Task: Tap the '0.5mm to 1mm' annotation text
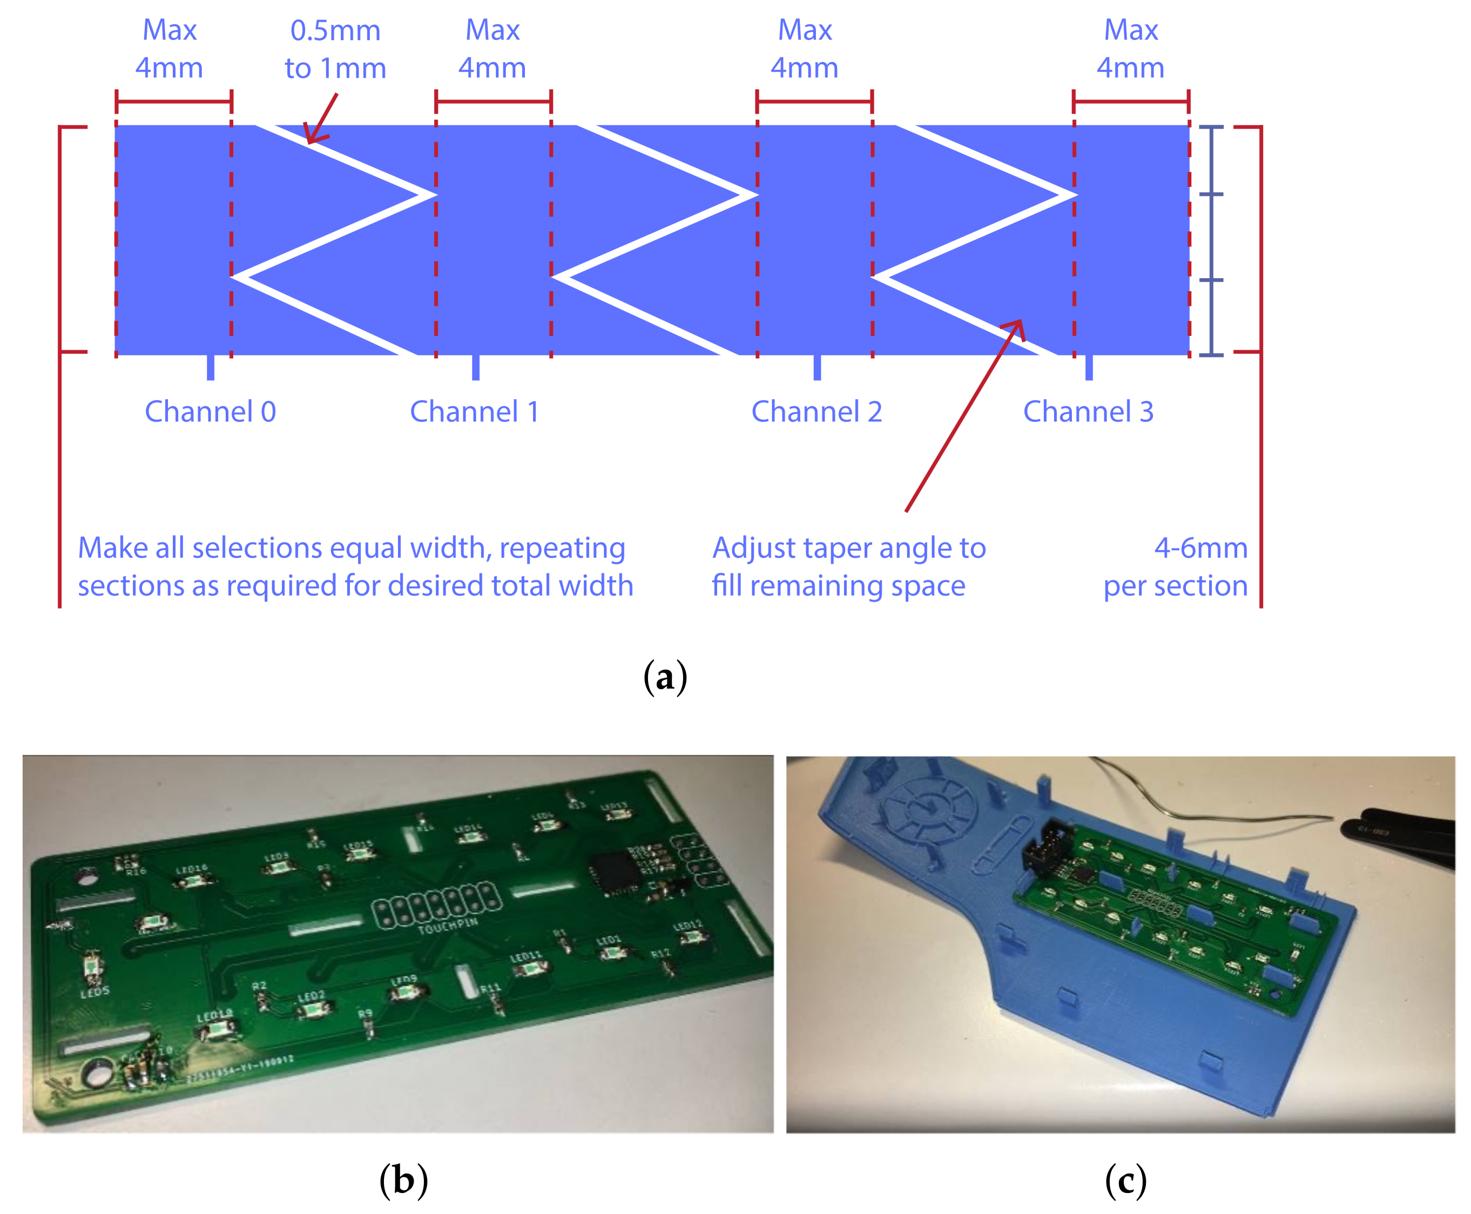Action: [x=335, y=49]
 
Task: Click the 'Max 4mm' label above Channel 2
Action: [x=804, y=49]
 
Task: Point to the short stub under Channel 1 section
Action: [x=475, y=367]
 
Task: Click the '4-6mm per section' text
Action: [x=1182, y=566]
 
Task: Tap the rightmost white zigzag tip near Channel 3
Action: [x=1070, y=194]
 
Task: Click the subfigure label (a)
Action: [x=664, y=677]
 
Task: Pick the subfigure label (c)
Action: [x=1125, y=1181]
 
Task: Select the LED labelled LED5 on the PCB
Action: [x=91, y=967]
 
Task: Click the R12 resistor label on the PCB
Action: [x=660, y=953]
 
